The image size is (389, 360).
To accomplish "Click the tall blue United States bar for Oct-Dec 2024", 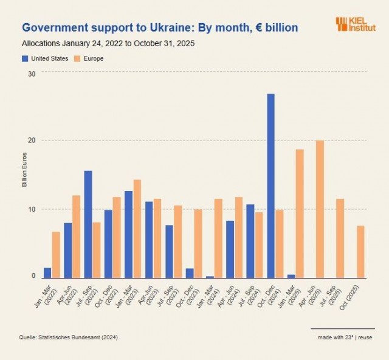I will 270,185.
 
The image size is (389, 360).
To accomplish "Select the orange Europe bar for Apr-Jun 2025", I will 320,209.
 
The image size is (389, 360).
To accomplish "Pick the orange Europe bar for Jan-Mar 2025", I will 300,213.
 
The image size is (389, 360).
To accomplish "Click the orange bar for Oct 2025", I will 360,252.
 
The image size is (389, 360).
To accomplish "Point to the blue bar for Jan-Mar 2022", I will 47,272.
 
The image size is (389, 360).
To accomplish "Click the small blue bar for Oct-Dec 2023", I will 190,273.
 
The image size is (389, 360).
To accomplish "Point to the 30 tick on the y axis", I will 32,74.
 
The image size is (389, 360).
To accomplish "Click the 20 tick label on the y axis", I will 32,140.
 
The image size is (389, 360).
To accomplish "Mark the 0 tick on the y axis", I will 34,277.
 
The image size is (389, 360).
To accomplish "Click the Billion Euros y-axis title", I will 24,173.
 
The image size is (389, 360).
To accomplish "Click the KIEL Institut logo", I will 356,24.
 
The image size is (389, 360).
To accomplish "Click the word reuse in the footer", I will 366,337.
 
